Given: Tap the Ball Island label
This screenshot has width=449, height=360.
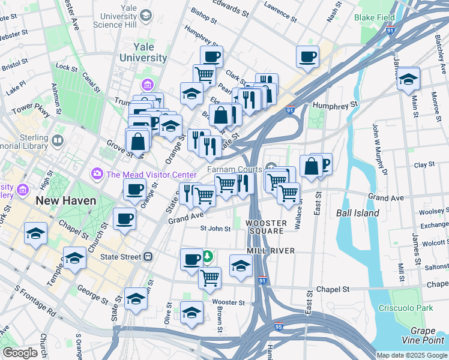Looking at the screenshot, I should [357, 213].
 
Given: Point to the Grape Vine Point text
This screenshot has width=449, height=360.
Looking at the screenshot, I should [427, 336].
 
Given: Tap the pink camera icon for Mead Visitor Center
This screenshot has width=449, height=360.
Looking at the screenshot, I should [97, 174].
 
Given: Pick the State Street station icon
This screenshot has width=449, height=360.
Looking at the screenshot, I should [148, 257].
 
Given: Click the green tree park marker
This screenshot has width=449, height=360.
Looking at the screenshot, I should [208, 257].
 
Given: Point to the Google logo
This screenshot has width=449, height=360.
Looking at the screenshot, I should [20, 353].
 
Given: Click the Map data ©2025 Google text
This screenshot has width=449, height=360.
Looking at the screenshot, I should [412, 355].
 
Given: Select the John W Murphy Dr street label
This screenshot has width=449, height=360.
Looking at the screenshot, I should [376, 148].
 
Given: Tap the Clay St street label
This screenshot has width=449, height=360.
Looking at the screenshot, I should [424, 164].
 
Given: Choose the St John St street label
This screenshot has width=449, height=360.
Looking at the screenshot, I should [215, 229].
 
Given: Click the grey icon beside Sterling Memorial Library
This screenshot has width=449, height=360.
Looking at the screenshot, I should [58, 142].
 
